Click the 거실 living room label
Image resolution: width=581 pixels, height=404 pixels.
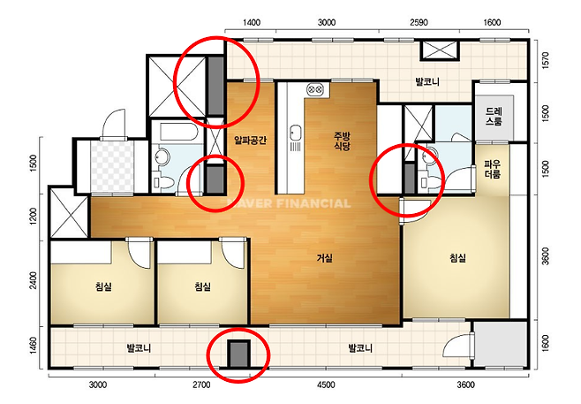(325, 258)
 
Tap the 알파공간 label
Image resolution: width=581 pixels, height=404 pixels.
(250, 141)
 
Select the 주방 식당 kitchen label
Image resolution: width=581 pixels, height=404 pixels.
(342, 141)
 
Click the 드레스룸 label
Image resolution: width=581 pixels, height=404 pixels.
(494, 116)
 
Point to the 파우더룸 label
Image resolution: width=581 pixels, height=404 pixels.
(493, 169)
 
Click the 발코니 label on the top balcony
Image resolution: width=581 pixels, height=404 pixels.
(427, 81)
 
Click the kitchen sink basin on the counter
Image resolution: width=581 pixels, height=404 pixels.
(295, 132)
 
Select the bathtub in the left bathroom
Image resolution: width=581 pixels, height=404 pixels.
(177, 132)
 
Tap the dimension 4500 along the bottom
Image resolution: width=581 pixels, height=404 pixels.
(326, 385)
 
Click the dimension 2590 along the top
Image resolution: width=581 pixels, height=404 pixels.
(419, 23)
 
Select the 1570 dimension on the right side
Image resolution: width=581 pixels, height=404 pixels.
(545, 60)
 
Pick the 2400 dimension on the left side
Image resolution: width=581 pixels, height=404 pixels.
(34, 281)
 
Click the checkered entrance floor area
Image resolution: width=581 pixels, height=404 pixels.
(112, 166)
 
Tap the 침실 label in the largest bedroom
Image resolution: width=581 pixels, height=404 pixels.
(457, 258)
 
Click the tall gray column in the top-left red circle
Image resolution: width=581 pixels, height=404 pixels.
(215, 86)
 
